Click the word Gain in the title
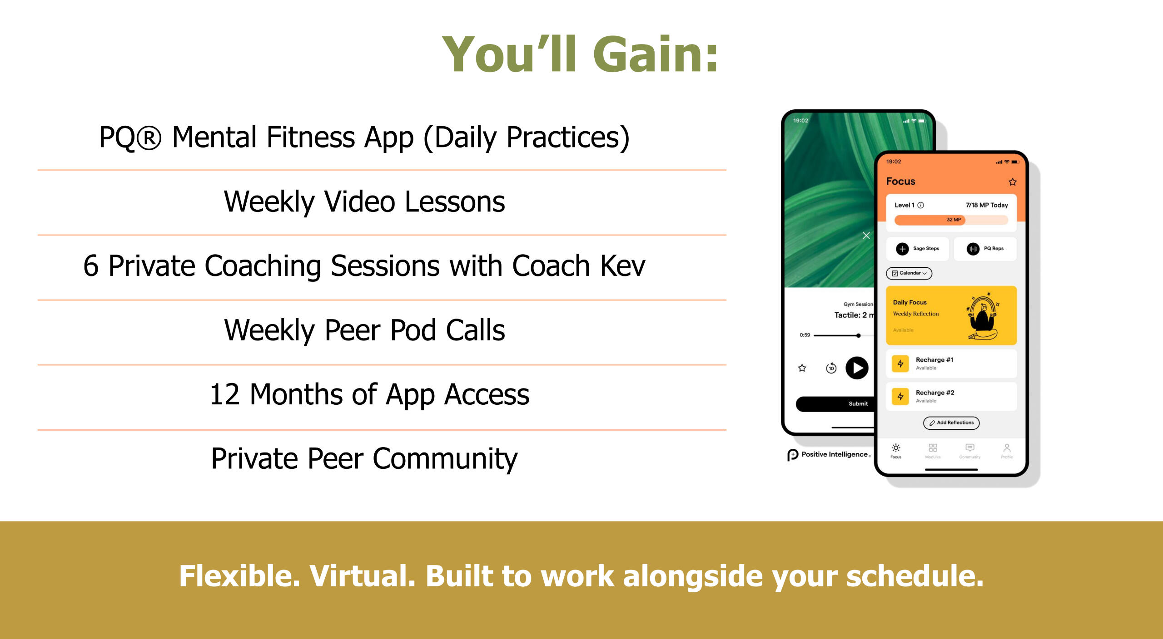(x=656, y=54)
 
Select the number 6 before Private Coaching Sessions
(x=91, y=266)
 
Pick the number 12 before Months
(x=224, y=394)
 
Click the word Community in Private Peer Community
(x=445, y=459)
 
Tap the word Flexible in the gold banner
(x=239, y=576)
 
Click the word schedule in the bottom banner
(x=914, y=576)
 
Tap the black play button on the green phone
(x=857, y=368)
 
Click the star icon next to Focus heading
(x=1013, y=182)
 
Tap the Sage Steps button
(x=918, y=249)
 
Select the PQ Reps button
(x=985, y=249)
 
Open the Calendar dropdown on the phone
(x=909, y=273)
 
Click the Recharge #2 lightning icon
(x=900, y=397)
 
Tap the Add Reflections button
(x=951, y=423)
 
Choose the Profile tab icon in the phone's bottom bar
(x=1007, y=448)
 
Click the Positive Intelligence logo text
(x=835, y=455)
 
